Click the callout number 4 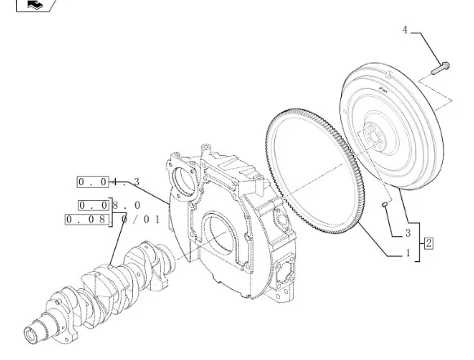(405, 30)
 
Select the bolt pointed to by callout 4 (441, 69)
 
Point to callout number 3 (408, 233)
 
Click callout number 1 (408, 253)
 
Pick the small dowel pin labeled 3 (385, 205)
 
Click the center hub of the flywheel (374, 137)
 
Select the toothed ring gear (315, 171)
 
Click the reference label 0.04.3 (109, 182)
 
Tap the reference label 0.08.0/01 (113, 219)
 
